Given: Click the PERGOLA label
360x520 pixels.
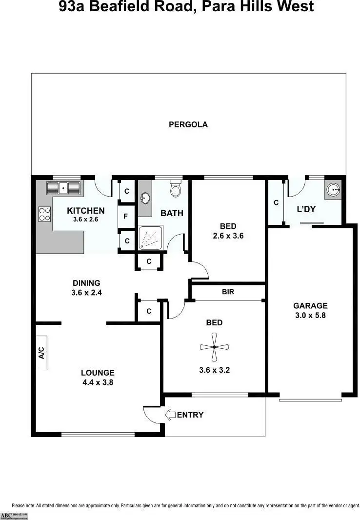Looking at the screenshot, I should coord(188,124).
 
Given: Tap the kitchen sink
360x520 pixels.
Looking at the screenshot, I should coord(63,188).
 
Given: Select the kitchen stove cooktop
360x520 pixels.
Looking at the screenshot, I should coord(45,214).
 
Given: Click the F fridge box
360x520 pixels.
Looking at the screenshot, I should coord(126,216).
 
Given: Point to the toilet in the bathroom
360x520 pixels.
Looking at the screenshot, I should coord(176,188).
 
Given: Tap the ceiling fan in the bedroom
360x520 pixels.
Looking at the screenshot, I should coord(214,347).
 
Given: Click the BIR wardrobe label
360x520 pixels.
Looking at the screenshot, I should coord(228,292).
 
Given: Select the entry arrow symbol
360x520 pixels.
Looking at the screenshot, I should coord(170,415).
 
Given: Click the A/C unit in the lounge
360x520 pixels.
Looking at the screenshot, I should coord(41,353).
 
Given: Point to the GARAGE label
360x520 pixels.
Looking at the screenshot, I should coord(310,306).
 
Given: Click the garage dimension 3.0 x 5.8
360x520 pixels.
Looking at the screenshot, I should coord(310,315).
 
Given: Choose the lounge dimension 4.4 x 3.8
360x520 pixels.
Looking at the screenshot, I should coord(98,382).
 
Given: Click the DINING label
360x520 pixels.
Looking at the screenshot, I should coord(86,283).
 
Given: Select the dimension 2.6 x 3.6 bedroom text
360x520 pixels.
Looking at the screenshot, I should coord(228,236).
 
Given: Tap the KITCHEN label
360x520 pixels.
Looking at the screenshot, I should coord(86,211).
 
